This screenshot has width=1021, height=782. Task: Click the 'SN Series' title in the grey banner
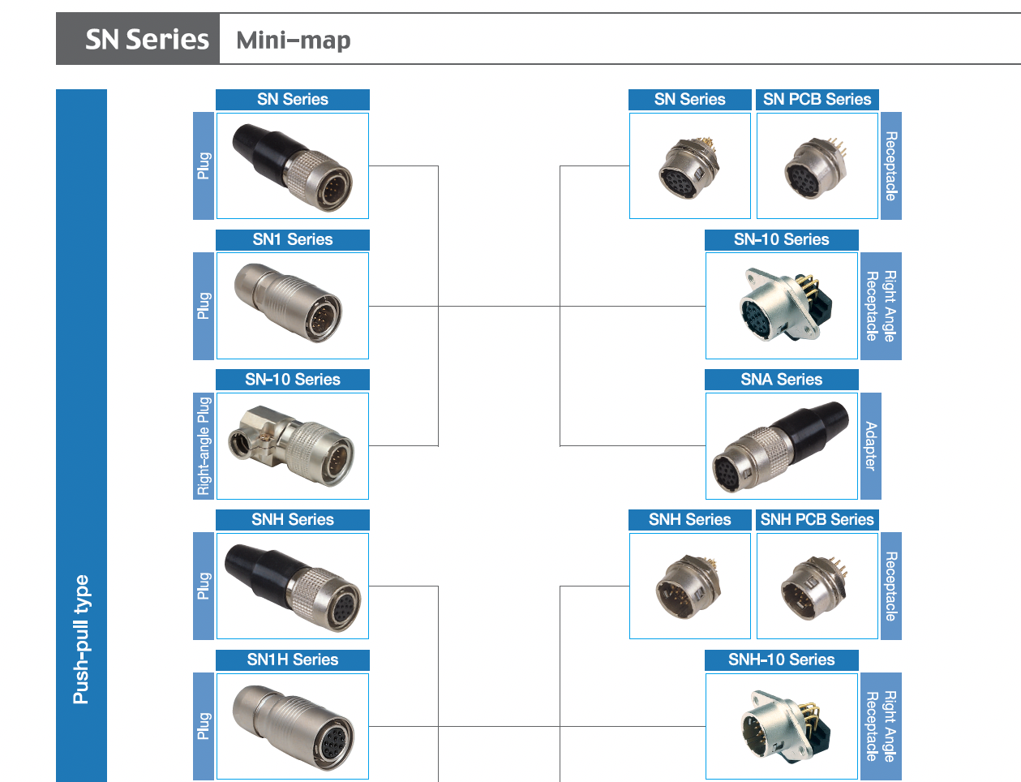(147, 39)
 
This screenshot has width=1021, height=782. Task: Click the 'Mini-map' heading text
(293, 40)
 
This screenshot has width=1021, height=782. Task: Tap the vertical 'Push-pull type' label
(81, 639)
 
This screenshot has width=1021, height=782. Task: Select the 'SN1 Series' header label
(292, 239)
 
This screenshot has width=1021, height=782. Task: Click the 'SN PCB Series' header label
(817, 99)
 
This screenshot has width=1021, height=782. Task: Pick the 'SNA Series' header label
(781, 380)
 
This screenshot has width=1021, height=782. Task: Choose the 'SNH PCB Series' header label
(817, 520)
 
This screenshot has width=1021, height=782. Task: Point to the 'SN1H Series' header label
(292, 660)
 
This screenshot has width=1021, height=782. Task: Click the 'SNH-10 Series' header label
(781, 660)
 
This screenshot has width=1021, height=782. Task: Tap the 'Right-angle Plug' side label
(204, 445)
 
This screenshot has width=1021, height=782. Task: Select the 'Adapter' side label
(870, 445)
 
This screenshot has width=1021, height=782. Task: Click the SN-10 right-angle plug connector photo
(292, 445)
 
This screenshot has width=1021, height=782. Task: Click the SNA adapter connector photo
(781, 445)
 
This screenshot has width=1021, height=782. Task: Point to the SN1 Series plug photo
(292, 305)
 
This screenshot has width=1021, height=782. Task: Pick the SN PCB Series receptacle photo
(817, 165)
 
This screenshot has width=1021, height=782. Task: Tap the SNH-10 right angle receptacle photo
(781, 726)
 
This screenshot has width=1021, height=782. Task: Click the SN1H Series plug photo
(292, 726)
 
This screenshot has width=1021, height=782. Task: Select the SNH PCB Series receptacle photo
(817, 586)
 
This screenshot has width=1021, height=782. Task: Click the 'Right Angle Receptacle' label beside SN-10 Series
(880, 306)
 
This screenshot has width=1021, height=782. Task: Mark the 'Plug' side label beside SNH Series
(204, 586)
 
